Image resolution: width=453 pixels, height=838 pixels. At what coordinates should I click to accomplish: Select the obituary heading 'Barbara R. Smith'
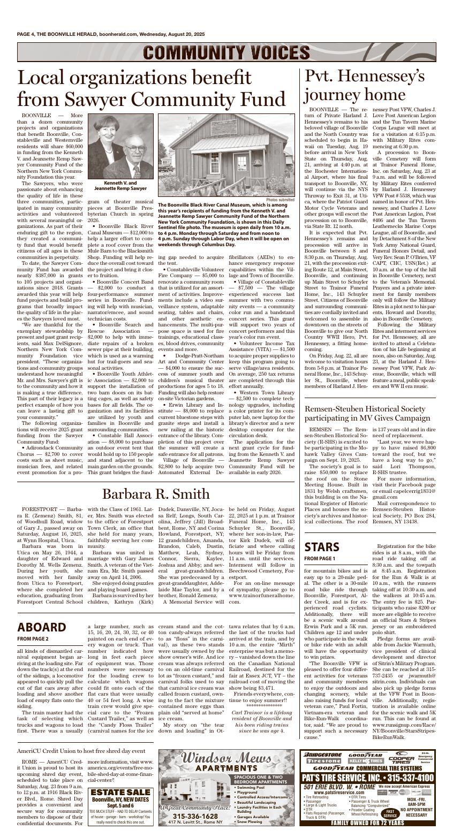pos(156,493)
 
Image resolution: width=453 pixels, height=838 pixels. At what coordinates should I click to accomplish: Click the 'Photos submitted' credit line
pos(280,200)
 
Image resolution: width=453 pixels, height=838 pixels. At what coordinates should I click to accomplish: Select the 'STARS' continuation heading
pos(322,547)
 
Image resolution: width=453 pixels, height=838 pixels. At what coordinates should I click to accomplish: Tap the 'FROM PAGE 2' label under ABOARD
pos(33,638)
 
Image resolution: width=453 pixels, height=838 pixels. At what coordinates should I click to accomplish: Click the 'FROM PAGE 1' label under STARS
pos(320,559)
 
